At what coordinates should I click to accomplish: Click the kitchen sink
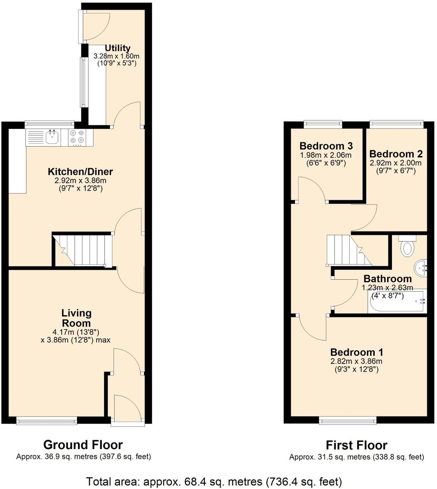pos(52,137)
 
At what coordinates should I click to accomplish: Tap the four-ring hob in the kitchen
pos(77,137)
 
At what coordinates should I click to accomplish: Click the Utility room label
pos(117,48)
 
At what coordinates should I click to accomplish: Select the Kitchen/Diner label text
pos(80,171)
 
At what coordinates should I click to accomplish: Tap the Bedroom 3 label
pos(326,146)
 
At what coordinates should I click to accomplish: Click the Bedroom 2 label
pos(396,154)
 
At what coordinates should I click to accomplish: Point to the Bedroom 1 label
pos(356,352)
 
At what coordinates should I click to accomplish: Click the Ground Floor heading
pos(83,444)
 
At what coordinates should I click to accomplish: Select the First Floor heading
pos(356,445)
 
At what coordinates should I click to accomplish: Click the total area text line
pos(214,481)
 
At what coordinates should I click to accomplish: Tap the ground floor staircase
pos(83,250)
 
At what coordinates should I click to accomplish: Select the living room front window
pos(47,421)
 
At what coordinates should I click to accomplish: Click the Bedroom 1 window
pos(348,421)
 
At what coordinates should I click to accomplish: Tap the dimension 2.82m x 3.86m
pos(356,361)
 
